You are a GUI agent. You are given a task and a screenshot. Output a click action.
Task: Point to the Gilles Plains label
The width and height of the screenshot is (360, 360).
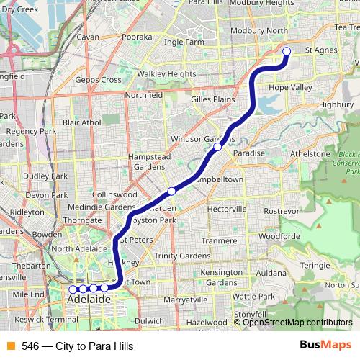click(213, 99)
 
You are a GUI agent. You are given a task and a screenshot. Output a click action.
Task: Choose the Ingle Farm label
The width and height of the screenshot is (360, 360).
click(184, 42)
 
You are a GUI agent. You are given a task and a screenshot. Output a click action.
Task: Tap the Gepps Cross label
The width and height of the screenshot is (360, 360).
click(98, 80)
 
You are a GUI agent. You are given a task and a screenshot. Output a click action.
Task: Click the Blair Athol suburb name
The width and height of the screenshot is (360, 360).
click(81, 122)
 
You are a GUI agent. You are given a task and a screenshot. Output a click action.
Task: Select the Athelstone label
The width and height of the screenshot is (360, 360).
click(310, 153)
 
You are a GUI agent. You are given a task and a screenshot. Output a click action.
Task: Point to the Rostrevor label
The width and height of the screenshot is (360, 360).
click(281, 210)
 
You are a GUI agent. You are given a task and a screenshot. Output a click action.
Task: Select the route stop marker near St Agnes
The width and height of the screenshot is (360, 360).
click(287, 50)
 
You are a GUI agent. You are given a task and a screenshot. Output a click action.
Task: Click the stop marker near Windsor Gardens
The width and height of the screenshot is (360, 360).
click(217, 147)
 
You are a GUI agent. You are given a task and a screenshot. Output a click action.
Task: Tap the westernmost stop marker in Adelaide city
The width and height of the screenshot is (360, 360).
click(72, 289)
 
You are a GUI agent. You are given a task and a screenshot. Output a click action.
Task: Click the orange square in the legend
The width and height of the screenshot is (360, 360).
click(11, 346)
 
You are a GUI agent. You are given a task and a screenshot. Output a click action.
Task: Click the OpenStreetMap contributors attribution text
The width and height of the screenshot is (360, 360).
click(297, 323)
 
